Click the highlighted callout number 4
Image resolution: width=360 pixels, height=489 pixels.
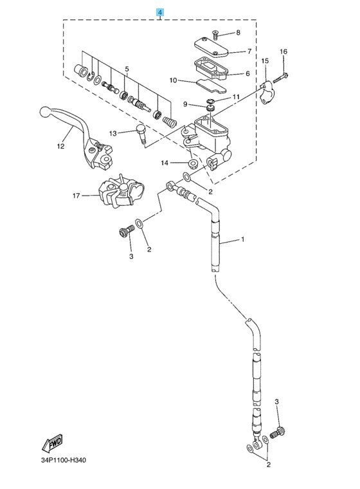[159, 12]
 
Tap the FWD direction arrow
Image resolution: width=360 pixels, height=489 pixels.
[52, 443]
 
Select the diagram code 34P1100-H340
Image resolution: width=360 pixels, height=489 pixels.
[63, 460]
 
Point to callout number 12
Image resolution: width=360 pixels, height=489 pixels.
[60, 146]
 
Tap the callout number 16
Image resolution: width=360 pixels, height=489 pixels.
[283, 51]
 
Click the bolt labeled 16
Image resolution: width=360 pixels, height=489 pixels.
[280, 78]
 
